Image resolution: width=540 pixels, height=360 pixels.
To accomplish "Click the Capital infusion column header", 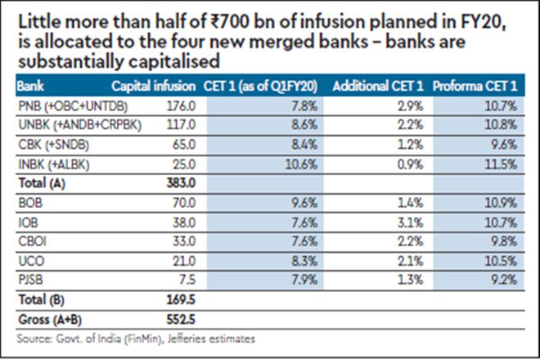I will coord(153,85).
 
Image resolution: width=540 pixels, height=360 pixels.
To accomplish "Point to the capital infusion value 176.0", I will coord(182,106).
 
